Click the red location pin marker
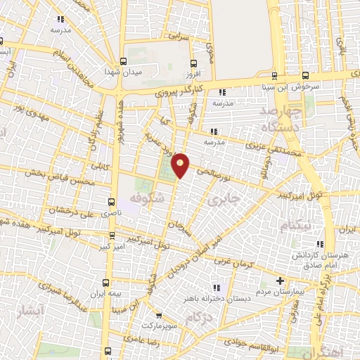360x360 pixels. [x=181, y=165]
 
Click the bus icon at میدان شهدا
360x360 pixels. [x=124, y=61]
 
